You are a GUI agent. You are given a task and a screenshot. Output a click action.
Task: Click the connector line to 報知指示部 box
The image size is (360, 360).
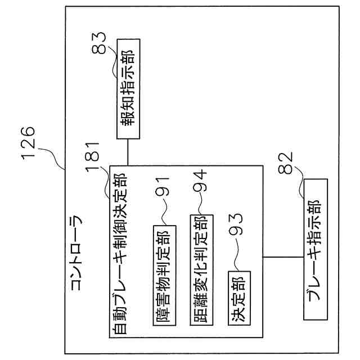pos(128,152)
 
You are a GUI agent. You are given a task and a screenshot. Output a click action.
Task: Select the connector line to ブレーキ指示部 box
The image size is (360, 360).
pos(283,258)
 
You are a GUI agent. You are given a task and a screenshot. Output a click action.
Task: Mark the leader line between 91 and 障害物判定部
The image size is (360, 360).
pos(162,217)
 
